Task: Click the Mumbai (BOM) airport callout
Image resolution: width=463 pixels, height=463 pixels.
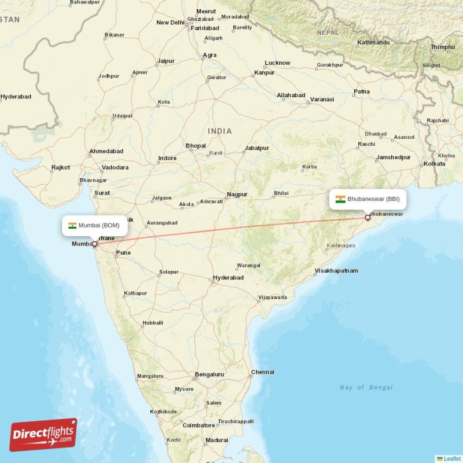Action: coord(95,225)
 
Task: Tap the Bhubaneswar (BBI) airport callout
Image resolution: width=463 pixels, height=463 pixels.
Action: coord(368,199)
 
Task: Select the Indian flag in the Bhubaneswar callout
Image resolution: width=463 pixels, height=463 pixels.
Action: coord(340,199)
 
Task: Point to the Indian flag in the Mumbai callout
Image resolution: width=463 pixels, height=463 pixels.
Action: coord(72,225)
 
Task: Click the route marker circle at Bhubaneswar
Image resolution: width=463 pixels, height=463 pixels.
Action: coord(367,218)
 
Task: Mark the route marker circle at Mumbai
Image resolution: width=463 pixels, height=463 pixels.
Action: coord(94,244)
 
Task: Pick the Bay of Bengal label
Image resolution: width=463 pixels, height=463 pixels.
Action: coord(366,387)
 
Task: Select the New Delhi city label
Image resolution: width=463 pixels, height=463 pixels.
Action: coord(170,23)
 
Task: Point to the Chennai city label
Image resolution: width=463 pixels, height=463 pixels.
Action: coord(262,372)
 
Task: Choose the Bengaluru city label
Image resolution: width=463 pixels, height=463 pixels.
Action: coord(210,374)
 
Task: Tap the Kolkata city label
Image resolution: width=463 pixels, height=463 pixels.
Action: coord(434,164)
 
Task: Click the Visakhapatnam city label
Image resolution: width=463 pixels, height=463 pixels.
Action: coord(336,271)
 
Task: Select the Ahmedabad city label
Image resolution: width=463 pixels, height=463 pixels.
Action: coord(106,152)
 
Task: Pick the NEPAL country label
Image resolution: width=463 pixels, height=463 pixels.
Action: coord(328,32)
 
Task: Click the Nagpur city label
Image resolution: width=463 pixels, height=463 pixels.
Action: coord(237,194)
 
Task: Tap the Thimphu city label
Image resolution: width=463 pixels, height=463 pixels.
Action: coord(443,47)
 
